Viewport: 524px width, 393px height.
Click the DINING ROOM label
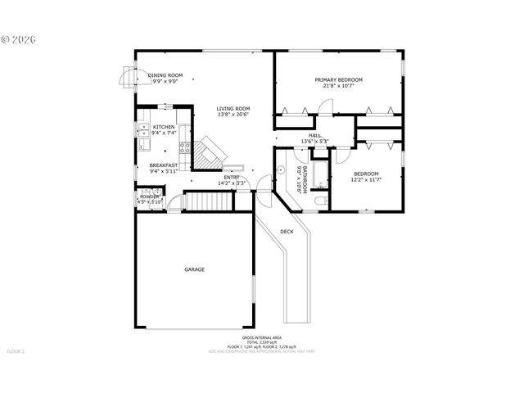pos(165,75)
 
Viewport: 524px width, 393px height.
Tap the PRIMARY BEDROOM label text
pos(338,79)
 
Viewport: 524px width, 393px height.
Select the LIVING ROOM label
pos(233,108)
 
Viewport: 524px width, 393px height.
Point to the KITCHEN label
pos(164,127)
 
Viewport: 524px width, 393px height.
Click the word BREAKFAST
pos(164,165)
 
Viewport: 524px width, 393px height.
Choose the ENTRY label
pos(233,178)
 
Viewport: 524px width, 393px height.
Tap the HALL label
pos(314,135)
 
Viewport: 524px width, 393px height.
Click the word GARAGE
pos(194,269)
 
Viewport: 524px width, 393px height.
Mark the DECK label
pos(287,232)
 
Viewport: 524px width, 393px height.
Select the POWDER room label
pos(150,196)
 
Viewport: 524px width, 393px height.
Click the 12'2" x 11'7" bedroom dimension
pos(366,179)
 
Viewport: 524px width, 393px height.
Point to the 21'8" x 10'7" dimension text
pos(338,86)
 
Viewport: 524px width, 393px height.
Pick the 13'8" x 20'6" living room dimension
pos(233,115)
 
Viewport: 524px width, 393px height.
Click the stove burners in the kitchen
pos(186,149)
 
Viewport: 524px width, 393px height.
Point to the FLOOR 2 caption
pos(16,351)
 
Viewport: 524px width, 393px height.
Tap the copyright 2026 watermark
pos(17,38)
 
